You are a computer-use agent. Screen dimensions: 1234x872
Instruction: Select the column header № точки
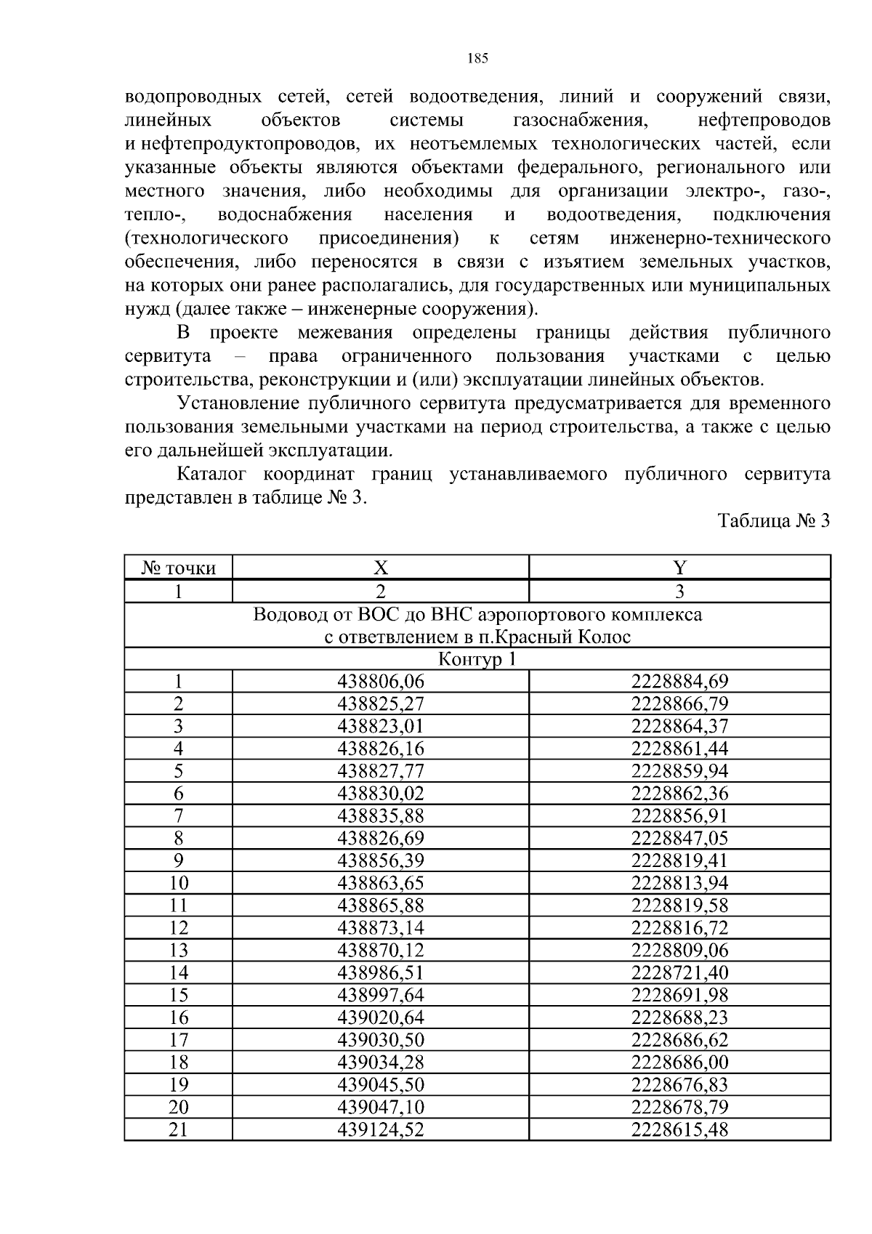pyautogui.click(x=179, y=568)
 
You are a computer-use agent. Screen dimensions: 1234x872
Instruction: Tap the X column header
pyautogui.click(x=381, y=568)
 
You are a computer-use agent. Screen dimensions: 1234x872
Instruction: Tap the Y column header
pyautogui.click(x=679, y=568)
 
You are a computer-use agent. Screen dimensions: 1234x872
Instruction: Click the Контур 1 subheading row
pyautogui.click(x=477, y=659)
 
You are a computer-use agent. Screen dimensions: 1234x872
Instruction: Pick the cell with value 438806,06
pyautogui.click(x=381, y=682)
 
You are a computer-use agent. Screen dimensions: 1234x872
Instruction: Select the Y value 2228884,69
pyautogui.click(x=679, y=682)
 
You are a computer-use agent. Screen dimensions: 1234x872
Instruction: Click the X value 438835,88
pyautogui.click(x=381, y=816)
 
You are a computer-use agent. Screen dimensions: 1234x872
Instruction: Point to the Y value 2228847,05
pyautogui.click(x=679, y=839)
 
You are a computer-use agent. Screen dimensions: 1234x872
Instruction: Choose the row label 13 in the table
pyautogui.click(x=179, y=951)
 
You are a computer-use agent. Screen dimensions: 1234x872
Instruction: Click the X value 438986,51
pyautogui.click(x=381, y=973)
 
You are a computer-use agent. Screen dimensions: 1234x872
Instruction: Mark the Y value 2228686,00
pyautogui.click(x=679, y=1062)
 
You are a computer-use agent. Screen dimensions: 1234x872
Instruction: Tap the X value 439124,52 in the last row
pyautogui.click(x=381, y=1130)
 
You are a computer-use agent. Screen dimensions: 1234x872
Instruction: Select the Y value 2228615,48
pyautogui.click(x=679, y=1130)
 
